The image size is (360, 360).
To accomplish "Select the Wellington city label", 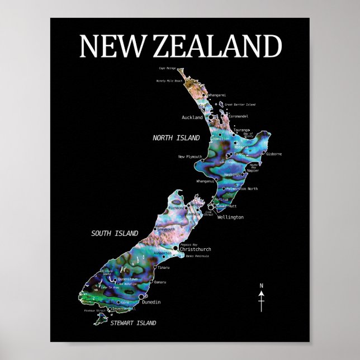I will click(x=230, y=217).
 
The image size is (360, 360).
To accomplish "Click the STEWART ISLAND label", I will click(x=132, y=323).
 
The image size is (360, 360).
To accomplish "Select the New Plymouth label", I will click(x=190, y=157).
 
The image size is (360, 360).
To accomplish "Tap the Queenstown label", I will click(x=128, y=279).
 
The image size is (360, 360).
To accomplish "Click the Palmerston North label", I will click(x=242, y=189).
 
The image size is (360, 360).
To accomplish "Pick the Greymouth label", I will click(x=167, y=229).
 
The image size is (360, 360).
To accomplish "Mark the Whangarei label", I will click(x=216, y=96).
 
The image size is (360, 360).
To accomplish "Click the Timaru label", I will click(x=163, y=268).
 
